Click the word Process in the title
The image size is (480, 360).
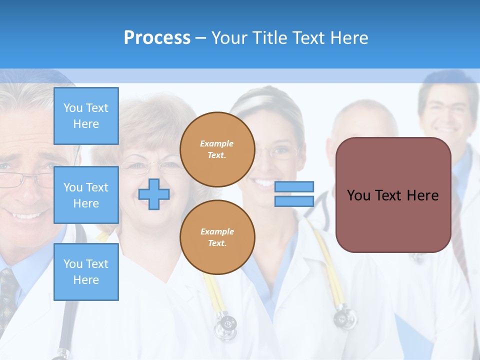[157, 38]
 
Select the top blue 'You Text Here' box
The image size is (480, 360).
[86, 116]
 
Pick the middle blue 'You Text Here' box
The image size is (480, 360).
[86, 195]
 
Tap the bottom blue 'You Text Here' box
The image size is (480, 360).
[86, 271]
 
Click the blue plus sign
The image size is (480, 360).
[154, 194]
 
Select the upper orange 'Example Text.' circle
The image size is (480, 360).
[217, 149]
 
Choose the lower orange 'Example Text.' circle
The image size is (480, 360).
[217, 237]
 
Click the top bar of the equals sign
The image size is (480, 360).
[294, 186]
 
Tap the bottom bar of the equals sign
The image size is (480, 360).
[294, 201]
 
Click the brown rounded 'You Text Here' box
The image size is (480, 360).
[393, 195]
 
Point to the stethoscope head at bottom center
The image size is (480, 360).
[225, 325]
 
